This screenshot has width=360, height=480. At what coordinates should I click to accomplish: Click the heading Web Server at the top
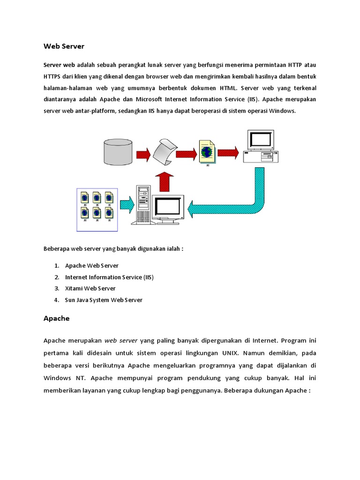click(64, 46)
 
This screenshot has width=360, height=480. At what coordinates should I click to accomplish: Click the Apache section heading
click(56, 318)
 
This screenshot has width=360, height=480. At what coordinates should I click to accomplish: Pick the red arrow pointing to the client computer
click(228, 152)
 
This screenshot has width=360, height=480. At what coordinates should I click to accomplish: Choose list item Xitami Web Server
click(90, 288)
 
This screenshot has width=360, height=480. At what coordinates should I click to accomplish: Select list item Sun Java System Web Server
click(104, 300)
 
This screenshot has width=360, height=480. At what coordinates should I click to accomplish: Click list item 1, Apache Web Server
click(92, 266)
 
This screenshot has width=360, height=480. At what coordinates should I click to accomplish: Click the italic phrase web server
click(121, 340)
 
